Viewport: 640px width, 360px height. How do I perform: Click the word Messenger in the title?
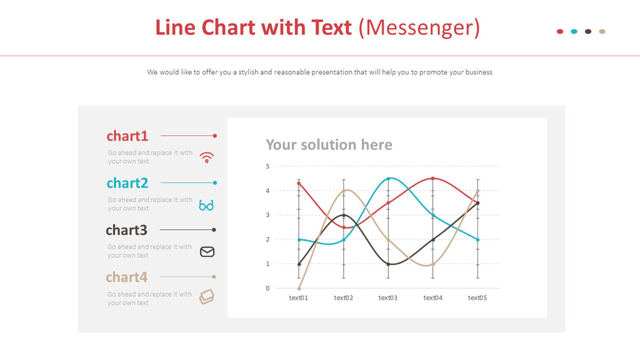tap(419, 28)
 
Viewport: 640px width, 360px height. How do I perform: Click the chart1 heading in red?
tap(128, 136)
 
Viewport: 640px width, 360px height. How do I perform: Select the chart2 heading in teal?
tap(128, 183)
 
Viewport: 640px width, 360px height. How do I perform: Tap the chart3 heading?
tap(126, 230)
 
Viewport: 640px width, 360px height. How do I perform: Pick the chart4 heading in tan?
tap(126, 277)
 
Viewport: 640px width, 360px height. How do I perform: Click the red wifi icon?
tap(207, 157)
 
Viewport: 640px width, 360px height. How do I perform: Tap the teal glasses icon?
tap(206, 205)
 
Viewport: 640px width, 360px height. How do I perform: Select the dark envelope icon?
tap(207, 252)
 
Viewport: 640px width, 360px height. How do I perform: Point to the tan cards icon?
tap(207, 297)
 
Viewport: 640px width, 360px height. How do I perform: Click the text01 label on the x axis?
tap(299, 298)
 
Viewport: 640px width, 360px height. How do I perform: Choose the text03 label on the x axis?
tap(388, 298)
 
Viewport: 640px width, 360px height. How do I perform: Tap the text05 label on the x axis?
tap(477, 298)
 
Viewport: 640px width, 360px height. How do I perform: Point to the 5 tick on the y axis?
tap(268, 166)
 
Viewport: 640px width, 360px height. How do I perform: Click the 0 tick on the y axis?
tap(268, 288)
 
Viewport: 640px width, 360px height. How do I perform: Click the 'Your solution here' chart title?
tap(329, 144)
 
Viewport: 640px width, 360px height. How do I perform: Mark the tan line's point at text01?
tap(299, 288)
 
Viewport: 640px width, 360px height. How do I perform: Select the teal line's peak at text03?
tap(389, 179)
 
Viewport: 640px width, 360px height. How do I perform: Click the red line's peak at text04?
tap(433, 179)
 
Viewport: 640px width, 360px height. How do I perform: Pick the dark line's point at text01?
tap(299, 264)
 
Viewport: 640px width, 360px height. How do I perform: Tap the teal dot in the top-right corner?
tap(574, 31)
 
